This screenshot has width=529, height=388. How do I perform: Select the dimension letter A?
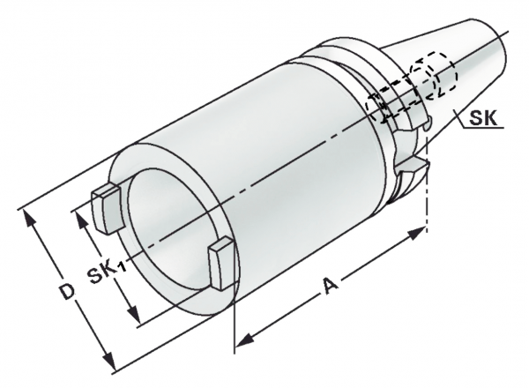(x=330, y=286)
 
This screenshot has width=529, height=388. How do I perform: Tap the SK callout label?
(x=483, y=118)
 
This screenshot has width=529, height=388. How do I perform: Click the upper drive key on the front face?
(x=106, y=208)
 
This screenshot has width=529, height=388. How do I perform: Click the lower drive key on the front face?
(x=221, y=263)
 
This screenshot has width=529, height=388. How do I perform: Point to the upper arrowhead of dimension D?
(x=28, y=220)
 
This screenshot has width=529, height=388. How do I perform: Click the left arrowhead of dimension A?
(x=244, y=339)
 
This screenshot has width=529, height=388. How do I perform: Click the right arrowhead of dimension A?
(x=415, y=234)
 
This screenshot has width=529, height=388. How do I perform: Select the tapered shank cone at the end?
(x=466, y=71)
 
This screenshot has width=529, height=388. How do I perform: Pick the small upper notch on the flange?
(x=426, y=124)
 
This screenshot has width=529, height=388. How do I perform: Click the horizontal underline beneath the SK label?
(x=483, y=128)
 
